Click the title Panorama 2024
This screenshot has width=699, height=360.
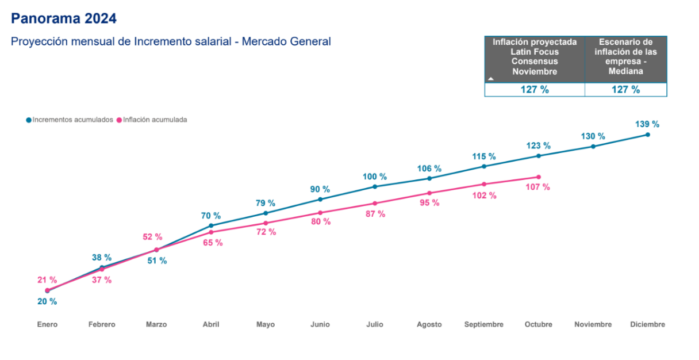click(64, 19)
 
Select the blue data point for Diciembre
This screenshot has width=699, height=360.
click(648, 135)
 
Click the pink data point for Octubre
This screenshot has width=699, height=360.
click(539, 177)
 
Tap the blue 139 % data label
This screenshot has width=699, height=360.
click(647, 124)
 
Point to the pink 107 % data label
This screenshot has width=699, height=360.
click(538, 187)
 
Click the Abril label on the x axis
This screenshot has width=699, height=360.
click(211, 324)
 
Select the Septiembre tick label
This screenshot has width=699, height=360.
click(484, 324)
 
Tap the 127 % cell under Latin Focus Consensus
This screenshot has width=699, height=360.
click(535, 90)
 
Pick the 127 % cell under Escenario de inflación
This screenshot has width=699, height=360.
click(626, 90)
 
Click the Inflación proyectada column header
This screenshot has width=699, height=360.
click(535, 56)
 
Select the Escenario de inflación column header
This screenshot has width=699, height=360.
click(626, 56)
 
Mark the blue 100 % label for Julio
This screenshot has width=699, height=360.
click(375, 177)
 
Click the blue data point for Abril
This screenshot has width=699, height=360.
click(211, 225)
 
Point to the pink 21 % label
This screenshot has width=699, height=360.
click(47, 280)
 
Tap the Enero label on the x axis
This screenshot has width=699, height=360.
click(47, 324)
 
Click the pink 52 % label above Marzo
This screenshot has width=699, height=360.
click(152, 237)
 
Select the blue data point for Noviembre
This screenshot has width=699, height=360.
click(593, 146)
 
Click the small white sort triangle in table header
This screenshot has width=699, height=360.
click(490, 77)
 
